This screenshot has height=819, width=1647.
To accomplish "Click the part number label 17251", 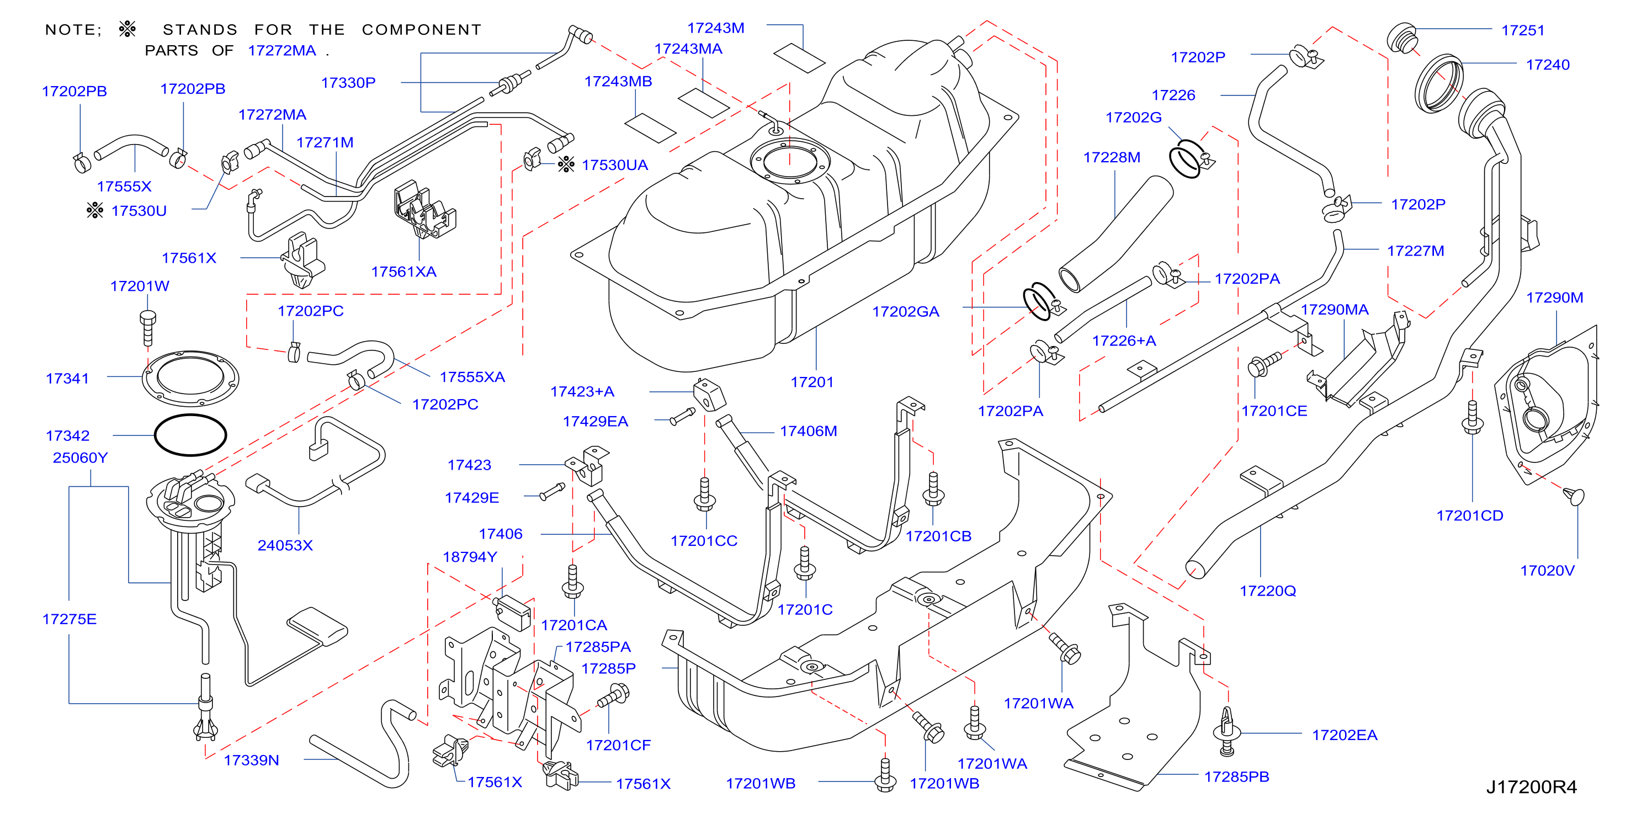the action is (1522, 30).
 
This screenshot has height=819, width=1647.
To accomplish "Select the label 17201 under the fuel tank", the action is (812, 382).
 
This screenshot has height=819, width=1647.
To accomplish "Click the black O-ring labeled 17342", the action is (190, 435).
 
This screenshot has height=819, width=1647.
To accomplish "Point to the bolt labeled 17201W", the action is (148, 328).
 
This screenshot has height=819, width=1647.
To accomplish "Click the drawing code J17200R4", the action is (1531, 786).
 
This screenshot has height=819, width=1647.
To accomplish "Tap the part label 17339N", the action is (251, 760).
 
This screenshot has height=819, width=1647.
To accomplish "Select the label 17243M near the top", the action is (715, 28).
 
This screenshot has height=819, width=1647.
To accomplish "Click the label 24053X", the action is (285, 545).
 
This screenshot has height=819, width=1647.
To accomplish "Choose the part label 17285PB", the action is (1236, 777).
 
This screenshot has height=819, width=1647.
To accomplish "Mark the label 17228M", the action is (1111, 157).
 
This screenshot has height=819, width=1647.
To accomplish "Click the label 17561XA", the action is (403, 272).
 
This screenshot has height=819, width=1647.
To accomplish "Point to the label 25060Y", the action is (80, 458).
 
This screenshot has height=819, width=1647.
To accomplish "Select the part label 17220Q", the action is (1268, 591).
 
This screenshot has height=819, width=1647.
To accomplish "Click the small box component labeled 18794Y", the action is (513, 612).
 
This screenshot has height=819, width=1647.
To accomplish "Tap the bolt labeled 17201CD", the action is (1473, 417).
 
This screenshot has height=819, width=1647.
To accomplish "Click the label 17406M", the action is (808, 431).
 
